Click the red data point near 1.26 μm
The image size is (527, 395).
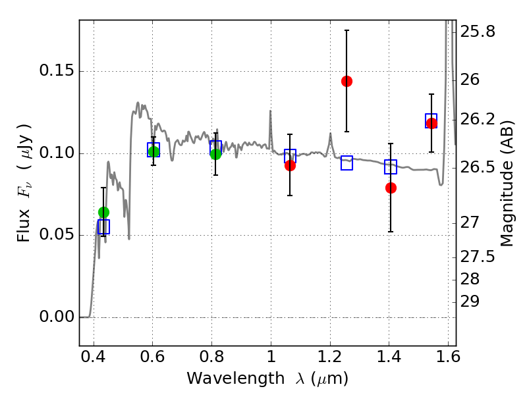click(347, 81)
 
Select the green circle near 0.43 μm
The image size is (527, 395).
click(103, 212)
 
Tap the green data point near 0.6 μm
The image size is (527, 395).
click(153, 152)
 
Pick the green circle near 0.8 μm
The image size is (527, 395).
click(215, 154)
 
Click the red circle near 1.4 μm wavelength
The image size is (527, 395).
click(391, 188)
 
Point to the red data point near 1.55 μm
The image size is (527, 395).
click(431, 123)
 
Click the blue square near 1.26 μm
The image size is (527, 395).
click(347, 163)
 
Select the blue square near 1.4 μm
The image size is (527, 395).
click(391, 167)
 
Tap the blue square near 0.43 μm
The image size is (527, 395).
click(103, 226)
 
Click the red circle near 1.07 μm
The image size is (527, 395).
click(290, 165)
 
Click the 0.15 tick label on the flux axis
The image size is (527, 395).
click(57, 72)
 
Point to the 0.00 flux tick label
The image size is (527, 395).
click(57, 317)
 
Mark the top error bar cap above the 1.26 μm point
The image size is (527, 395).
click(347, 30)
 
